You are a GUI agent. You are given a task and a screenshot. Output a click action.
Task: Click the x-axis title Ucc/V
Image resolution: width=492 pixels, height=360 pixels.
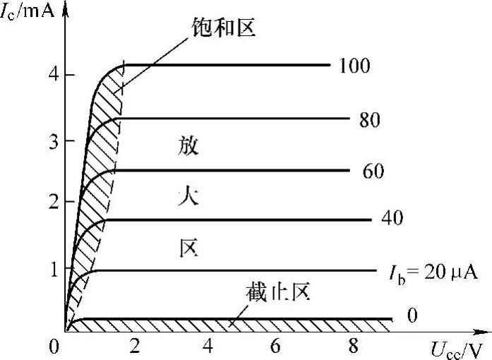coord(457,348)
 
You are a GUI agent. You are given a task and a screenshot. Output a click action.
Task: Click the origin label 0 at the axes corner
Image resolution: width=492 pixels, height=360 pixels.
coord(54,347)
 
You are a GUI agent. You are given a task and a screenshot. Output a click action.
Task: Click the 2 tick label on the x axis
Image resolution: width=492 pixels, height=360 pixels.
coord(134,347)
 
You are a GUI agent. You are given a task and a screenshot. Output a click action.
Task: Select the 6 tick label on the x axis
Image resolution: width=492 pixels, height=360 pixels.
coord(275,347)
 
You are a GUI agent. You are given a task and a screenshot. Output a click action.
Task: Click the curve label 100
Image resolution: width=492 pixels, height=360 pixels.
coord(354,66)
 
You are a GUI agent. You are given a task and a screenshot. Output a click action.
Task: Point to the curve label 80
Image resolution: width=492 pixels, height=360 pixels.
coord(369,120)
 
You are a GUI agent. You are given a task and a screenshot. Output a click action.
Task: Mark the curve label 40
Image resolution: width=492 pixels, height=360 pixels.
coord(391,218)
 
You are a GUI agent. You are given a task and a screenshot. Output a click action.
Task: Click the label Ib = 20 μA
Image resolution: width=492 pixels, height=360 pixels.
coord(433,272)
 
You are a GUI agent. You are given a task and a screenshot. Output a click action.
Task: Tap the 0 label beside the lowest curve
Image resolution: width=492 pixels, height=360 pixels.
coord(412,315)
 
